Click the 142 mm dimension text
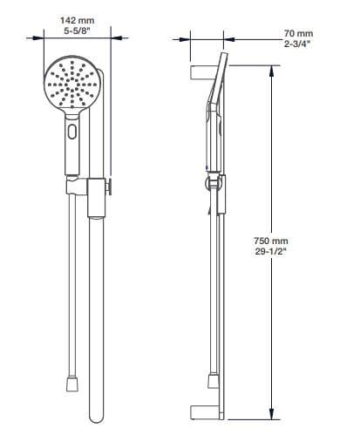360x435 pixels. (x=78, y=20)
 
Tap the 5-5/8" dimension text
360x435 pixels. (x=78, y=31)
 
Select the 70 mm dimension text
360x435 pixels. (x=298, y=33)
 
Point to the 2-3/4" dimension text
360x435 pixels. (x=297, y=44)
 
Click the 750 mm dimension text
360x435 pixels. (x=271, y=241)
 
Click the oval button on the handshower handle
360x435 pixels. (x=72, y=132)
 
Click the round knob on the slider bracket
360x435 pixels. (x=110, y=187)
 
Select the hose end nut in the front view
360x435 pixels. (x=72, y=384)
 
